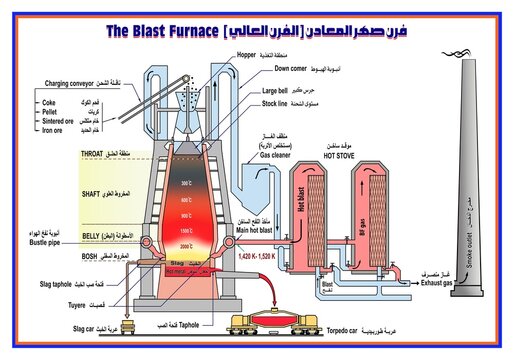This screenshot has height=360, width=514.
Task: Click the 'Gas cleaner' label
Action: tap(278, 156)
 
